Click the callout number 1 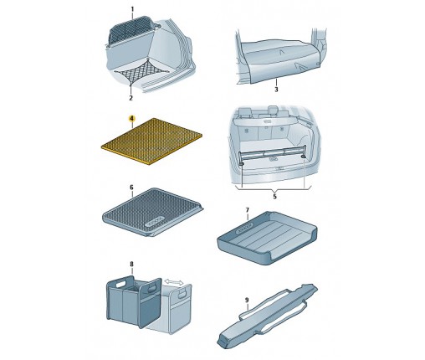(x=132, y=9)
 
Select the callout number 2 (x=131, y=98)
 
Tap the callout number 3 (x=276, y=90)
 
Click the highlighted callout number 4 (x=131, y=119)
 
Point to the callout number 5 (x=274, y=197)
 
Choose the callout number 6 (x=132, y=188)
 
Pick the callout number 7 (x=248, y=210)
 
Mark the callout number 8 (x=132, y=264)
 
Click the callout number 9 (x=247, y=300)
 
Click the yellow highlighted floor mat (x=151, y=141)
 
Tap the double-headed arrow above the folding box (x=174, y=282)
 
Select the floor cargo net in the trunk (x=141, y=72)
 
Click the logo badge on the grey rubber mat (x=154, y=222)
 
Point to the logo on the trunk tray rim (x=244, y=228)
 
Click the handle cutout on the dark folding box (x=122, y=285)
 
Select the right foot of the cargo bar (x=304, y=157)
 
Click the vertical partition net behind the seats (x=131, y=29)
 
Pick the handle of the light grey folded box (x=182, y=293)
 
